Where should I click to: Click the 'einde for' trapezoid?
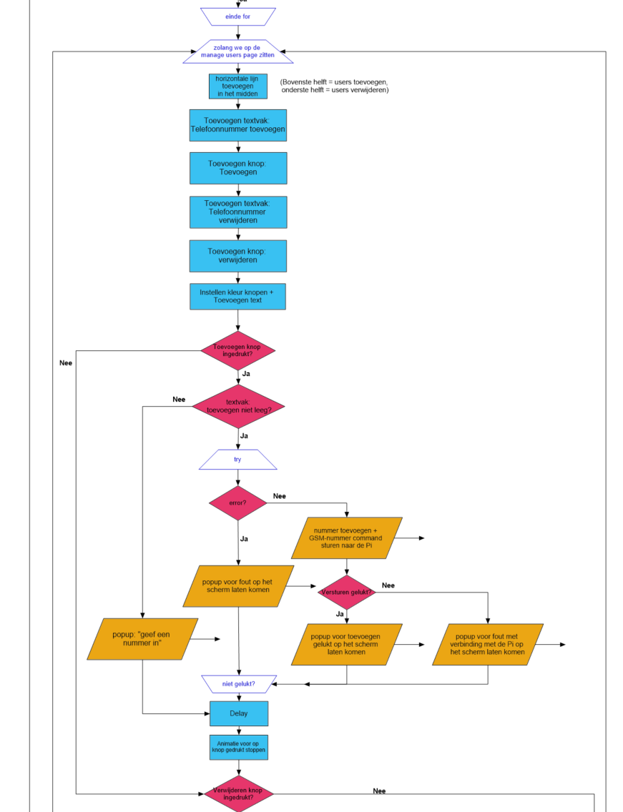238,16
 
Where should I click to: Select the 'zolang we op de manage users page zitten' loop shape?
238,51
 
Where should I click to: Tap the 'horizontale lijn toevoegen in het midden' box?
238,86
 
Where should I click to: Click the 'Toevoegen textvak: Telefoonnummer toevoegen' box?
238,125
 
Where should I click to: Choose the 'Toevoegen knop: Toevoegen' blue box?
238,168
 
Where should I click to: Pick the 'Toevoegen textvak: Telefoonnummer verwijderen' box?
238,212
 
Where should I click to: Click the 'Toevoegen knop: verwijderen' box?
238,256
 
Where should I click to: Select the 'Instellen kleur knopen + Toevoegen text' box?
237,296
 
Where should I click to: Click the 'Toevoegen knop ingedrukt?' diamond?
238,350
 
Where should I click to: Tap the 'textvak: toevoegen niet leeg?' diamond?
238,407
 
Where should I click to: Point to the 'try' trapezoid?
238,460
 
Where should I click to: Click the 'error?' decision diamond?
238,502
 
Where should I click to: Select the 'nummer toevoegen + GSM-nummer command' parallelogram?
346,538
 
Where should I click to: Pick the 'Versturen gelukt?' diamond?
347,592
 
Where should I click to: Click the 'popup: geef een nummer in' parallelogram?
142,639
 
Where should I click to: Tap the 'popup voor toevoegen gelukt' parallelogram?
346,644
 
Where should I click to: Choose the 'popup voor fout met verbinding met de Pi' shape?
488,644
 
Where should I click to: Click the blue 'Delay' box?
239,713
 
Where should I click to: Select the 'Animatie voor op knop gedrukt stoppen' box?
239,747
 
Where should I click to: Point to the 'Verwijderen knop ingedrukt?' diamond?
238,793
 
